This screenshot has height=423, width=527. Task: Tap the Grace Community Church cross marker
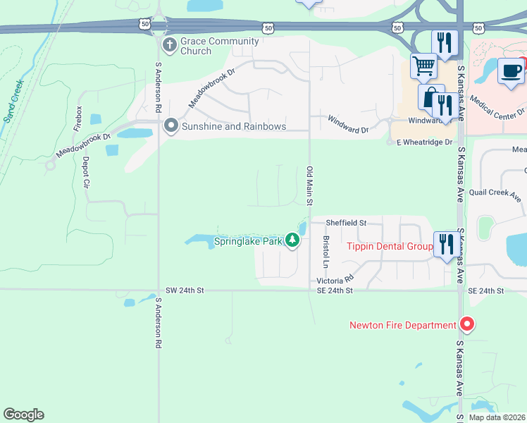[x=170, y=46]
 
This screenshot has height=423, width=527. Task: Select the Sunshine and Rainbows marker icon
[x=170, y=126]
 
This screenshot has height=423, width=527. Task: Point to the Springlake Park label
[x=248, y=242]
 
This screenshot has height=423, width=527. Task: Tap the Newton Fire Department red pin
[x=466, y=325]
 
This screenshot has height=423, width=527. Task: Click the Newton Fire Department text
[x=403, y=325]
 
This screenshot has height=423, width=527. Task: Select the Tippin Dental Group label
[x=390, y=246]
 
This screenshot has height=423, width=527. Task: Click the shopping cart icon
[x=423, y=66]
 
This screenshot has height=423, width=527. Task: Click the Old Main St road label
[x=309, y=182]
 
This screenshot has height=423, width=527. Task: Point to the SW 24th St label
[x=185, y=290]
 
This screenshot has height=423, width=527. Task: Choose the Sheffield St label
[x=346, y=223]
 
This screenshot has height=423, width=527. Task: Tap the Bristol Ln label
[x=326, y=252]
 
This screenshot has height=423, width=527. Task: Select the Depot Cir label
[x=87, y=173]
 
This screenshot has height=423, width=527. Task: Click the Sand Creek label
[x=14, y=100]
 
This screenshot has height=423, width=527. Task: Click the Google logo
[x=23, y=415]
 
